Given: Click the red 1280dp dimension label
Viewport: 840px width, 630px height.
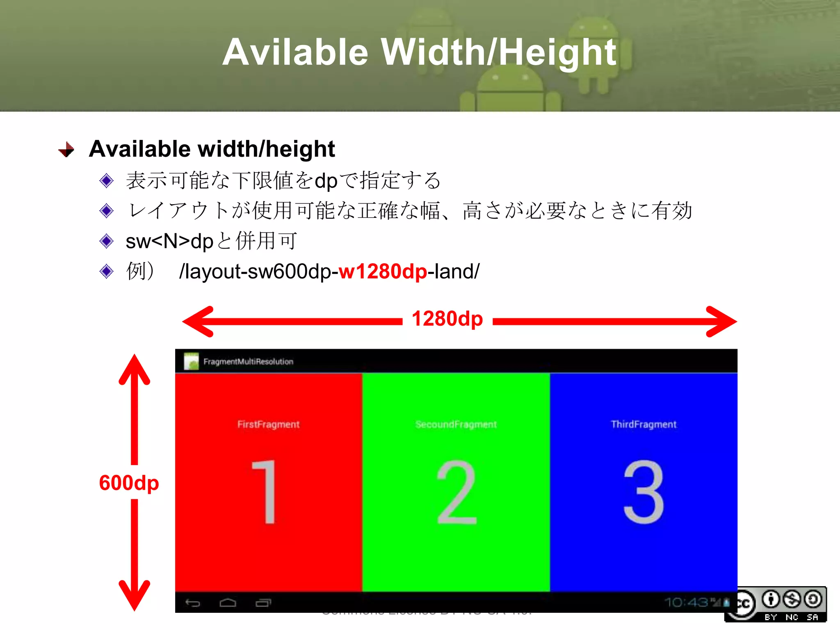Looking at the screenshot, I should (x=447, y=319).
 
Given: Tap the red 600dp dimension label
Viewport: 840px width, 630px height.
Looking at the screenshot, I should (x=129, y=483).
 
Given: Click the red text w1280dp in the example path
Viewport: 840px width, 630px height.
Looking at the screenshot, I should (x=383, y=272).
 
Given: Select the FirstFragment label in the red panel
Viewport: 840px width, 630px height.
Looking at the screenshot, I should (x=268, y=425).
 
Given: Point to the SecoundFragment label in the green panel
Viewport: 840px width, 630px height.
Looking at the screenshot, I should (x=456, y=425).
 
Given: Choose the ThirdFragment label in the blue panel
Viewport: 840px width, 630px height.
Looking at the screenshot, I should (x=644, y=425).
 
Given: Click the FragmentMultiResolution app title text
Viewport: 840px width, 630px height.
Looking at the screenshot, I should (x=248, y=362).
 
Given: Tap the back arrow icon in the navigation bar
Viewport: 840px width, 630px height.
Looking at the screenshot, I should (x=192, y=603).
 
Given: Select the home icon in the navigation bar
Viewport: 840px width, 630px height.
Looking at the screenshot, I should (x=228, y=603).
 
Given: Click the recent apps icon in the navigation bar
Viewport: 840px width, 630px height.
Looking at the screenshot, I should (x=263, y=603).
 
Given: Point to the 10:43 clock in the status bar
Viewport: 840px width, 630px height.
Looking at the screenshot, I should (x=686, y=602).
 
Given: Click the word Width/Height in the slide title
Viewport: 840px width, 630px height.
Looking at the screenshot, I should (x=498, y=52).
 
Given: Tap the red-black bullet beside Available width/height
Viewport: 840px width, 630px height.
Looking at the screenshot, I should (x=66, y=150).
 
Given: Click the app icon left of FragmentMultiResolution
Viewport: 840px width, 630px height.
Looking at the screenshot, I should (x=191, y=361).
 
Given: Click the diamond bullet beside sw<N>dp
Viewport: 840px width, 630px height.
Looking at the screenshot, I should (x=107, y=241).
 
